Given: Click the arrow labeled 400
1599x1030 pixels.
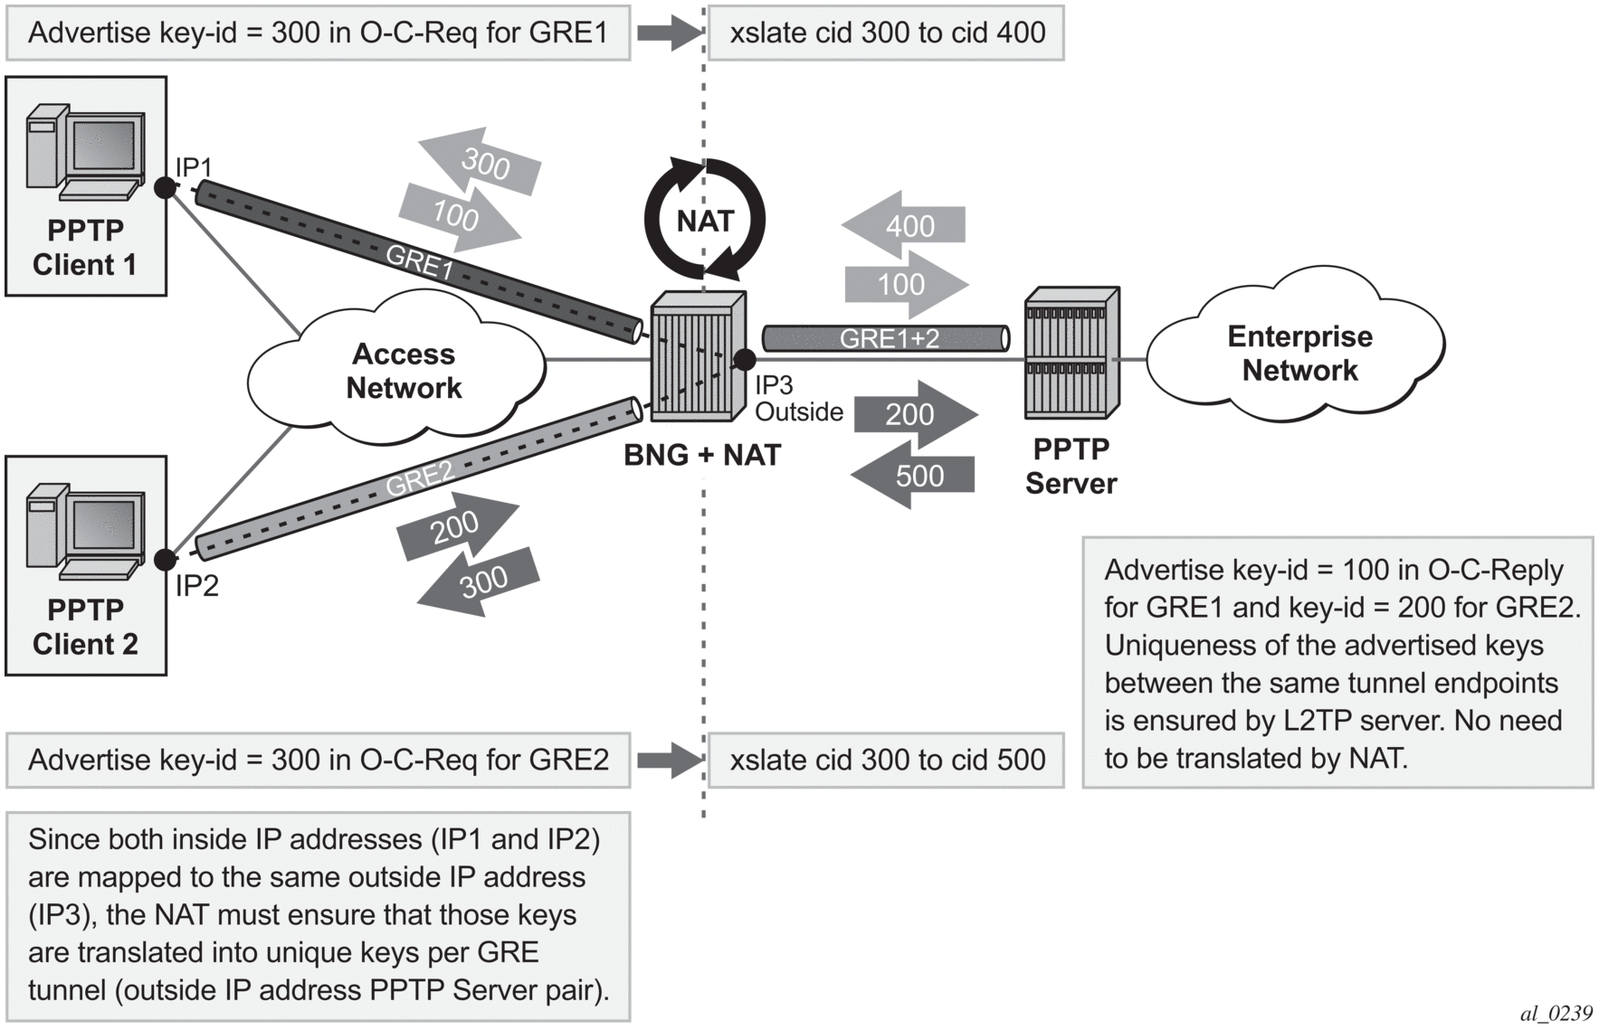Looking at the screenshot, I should (x=905, y=225).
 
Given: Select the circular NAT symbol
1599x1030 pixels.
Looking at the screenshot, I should (x=705, y=220).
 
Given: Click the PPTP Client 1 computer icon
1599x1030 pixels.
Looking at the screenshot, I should (x=85, y=150).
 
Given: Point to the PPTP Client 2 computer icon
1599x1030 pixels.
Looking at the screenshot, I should (x=85, y=530).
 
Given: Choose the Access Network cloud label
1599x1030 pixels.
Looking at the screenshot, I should (x=404, y=371).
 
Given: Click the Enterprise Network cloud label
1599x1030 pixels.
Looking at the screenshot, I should (x=1299, y=353).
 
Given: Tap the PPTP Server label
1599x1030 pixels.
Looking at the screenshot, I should (x=1071, y=467).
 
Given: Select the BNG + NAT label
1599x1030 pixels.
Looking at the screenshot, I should (x=702, y=455).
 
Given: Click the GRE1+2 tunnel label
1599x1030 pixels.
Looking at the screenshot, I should (x=889, y=338).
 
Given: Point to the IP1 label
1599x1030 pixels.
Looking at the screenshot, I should (x=193, y=167).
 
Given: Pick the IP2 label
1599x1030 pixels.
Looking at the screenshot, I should (x=196, y=586).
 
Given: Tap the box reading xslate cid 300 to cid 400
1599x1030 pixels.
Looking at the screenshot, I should (x=886, y=33).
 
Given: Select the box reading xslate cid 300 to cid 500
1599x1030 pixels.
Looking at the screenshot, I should (x=886, y=761).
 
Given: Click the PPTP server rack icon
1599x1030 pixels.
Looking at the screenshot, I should (x=1071, y=354).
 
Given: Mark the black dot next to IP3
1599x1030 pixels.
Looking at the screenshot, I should (x=745, y=360).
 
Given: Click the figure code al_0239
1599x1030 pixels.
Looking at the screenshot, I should (x=1556, y=1014).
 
